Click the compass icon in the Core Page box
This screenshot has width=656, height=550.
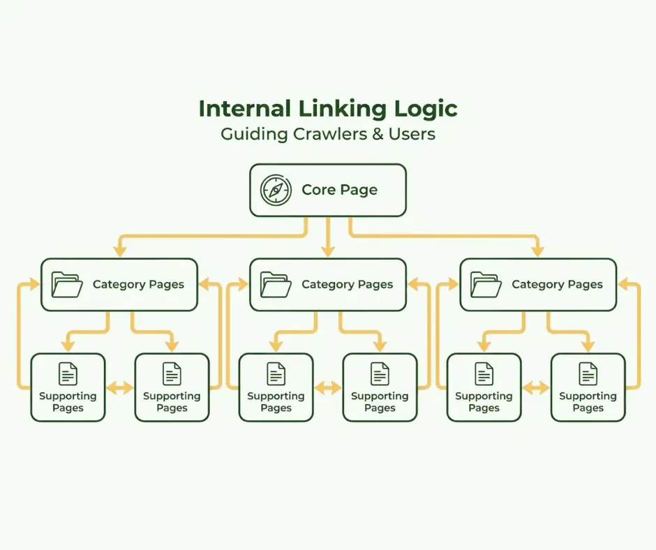pos(276,190)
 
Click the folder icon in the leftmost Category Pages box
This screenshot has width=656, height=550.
pos(67,284)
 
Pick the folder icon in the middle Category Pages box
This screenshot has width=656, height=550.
pos(276,284)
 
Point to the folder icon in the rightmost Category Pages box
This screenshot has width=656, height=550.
pos(486,284)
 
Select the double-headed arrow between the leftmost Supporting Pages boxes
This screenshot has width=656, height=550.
pos(120,388)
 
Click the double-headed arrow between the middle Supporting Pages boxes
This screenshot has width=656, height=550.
pos(328,388)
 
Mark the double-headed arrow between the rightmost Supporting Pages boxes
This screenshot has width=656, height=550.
pos(536,388)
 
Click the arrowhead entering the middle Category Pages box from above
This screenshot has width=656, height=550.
pos(328,251)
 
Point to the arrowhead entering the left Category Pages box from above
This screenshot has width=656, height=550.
pos(119,251)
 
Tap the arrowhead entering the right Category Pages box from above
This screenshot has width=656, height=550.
pos(537,251)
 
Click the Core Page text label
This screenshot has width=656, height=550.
pos(339,190)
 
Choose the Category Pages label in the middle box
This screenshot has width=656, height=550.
pos(347,285)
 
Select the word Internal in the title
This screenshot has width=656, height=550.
pos(241,109)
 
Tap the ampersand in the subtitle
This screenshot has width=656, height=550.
pos(378,134)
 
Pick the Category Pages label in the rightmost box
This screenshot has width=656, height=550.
pos(557,285)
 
